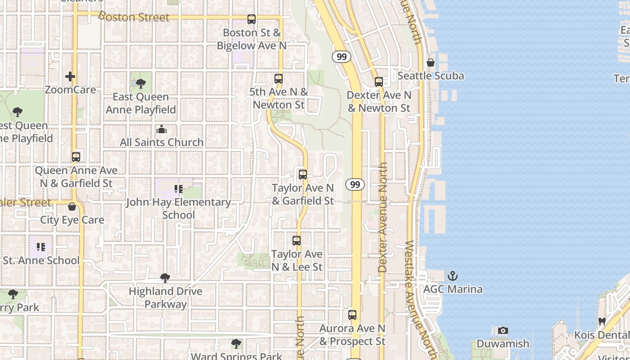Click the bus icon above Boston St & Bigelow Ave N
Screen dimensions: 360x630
[252, 19]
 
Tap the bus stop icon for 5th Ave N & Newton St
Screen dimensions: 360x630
[279, 79]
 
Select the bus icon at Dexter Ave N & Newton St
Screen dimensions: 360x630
[379, 82]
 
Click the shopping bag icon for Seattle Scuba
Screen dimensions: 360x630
[431, 63]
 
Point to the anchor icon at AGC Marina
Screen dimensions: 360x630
[453, 276]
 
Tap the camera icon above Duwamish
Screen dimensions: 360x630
[503, 331]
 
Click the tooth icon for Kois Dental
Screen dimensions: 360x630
[602, 322]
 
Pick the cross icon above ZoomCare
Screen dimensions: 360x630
[70, 76]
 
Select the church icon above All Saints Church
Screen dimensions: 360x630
[162, 130]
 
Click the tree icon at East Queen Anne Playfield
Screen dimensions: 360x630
[141, 83]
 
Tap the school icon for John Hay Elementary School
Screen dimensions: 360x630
[179, 189]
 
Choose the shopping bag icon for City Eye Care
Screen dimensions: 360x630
[72, 207]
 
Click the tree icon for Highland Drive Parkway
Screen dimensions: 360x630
[165, 278]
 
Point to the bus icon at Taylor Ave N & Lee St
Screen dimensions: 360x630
[297, 241]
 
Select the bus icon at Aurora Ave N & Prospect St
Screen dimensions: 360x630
[352, 315]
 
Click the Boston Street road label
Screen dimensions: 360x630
[134, 17]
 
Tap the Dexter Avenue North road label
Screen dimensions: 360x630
[382, 217]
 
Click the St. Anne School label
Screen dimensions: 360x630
[41, 261]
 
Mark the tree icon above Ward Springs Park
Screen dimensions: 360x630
[236, 344]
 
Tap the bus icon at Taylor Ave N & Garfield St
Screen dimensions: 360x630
[303, 175]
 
